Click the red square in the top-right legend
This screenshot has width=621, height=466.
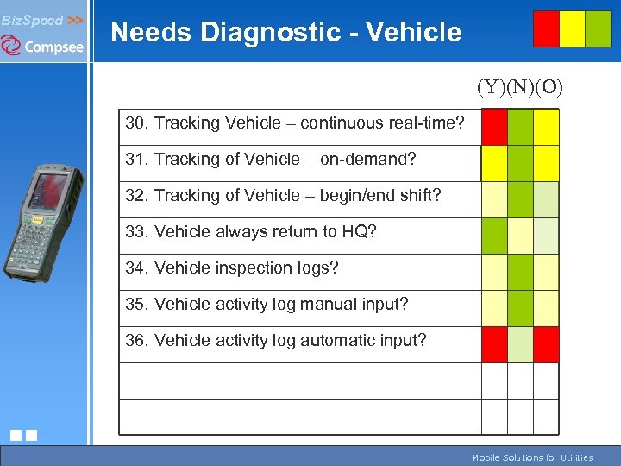pos(546,28)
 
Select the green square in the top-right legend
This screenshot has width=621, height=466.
pos(598,28)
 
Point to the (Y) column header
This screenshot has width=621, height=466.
pos(492,87)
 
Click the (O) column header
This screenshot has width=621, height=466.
pos(549,87)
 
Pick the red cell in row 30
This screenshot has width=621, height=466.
pos(494,127)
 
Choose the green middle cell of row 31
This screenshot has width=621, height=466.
pos(520,163)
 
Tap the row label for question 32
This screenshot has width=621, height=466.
pos(283,196)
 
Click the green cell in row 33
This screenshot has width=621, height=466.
pos(494,236)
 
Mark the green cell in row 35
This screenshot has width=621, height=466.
pos(520,308)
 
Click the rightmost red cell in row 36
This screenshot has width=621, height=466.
pos(546,344)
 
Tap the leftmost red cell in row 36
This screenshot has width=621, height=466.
pos(494,344)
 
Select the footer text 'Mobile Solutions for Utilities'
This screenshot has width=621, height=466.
pos(532,458)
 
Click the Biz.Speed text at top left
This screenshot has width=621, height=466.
pos(31,19)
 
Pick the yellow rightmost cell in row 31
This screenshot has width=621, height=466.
pos(546,163)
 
